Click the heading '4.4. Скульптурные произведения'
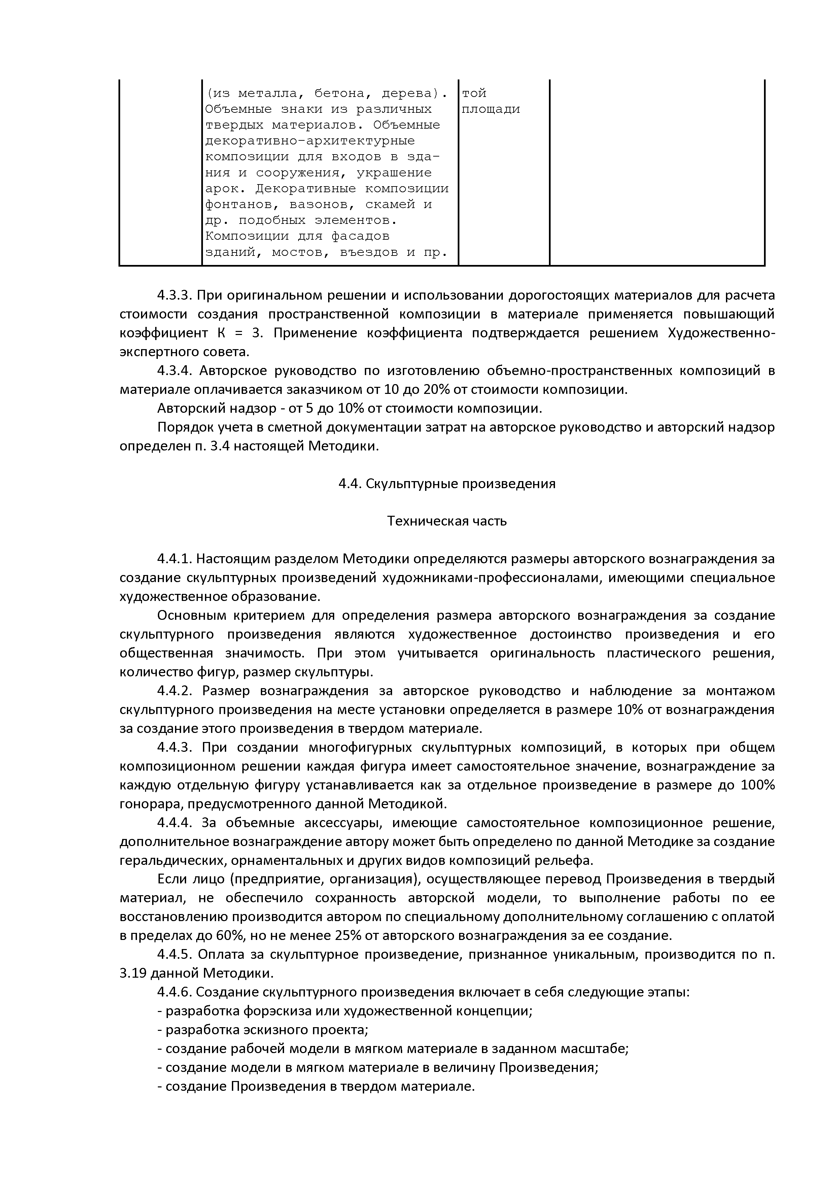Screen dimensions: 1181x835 [447, 483]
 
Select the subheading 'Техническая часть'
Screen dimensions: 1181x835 [447, 521]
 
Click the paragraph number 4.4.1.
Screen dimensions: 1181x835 [174, 559]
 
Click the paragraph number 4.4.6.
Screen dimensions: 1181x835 [174, 992]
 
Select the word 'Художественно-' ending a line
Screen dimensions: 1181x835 [721, 333]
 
